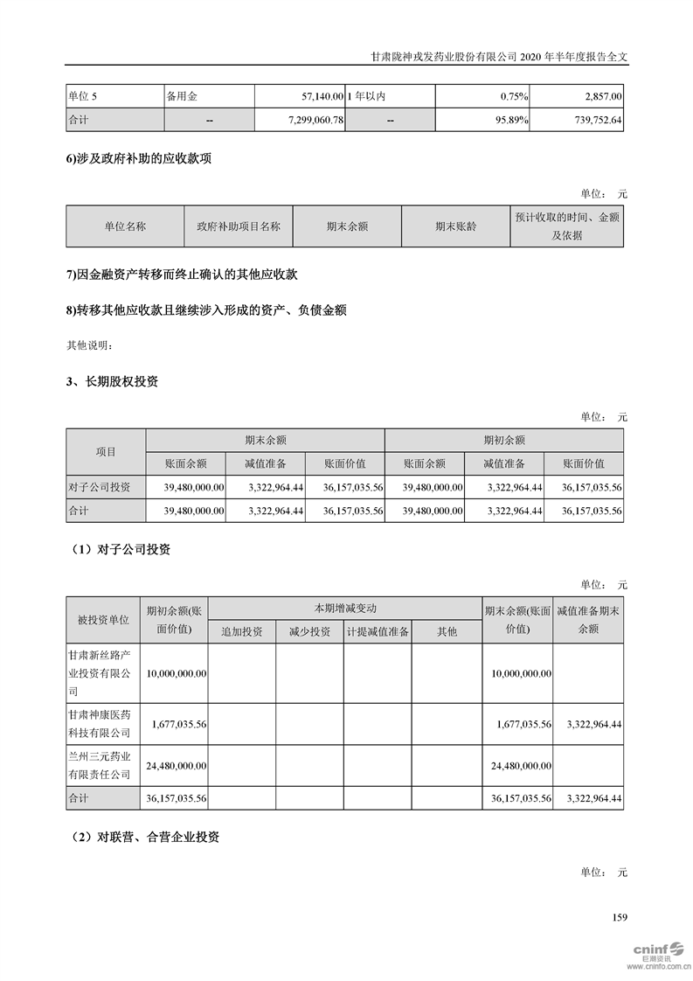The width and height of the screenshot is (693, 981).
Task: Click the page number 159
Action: (x=620, y=917)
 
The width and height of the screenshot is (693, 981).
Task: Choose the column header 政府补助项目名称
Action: (x=239, y=226)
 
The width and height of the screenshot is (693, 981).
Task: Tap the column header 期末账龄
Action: (x=455, y=226)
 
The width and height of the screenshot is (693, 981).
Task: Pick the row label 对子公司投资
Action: (x=99, y=487)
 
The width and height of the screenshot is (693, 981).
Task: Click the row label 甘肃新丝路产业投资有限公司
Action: (x=103, y=672)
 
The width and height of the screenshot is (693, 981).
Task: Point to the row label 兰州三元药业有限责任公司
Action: (x=103, y=765)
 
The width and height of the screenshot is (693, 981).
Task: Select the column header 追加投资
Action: (x=242, y=631)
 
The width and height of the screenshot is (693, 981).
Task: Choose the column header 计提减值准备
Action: (x=378, y=631)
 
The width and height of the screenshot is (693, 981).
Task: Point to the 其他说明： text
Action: (x=90, y=345)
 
